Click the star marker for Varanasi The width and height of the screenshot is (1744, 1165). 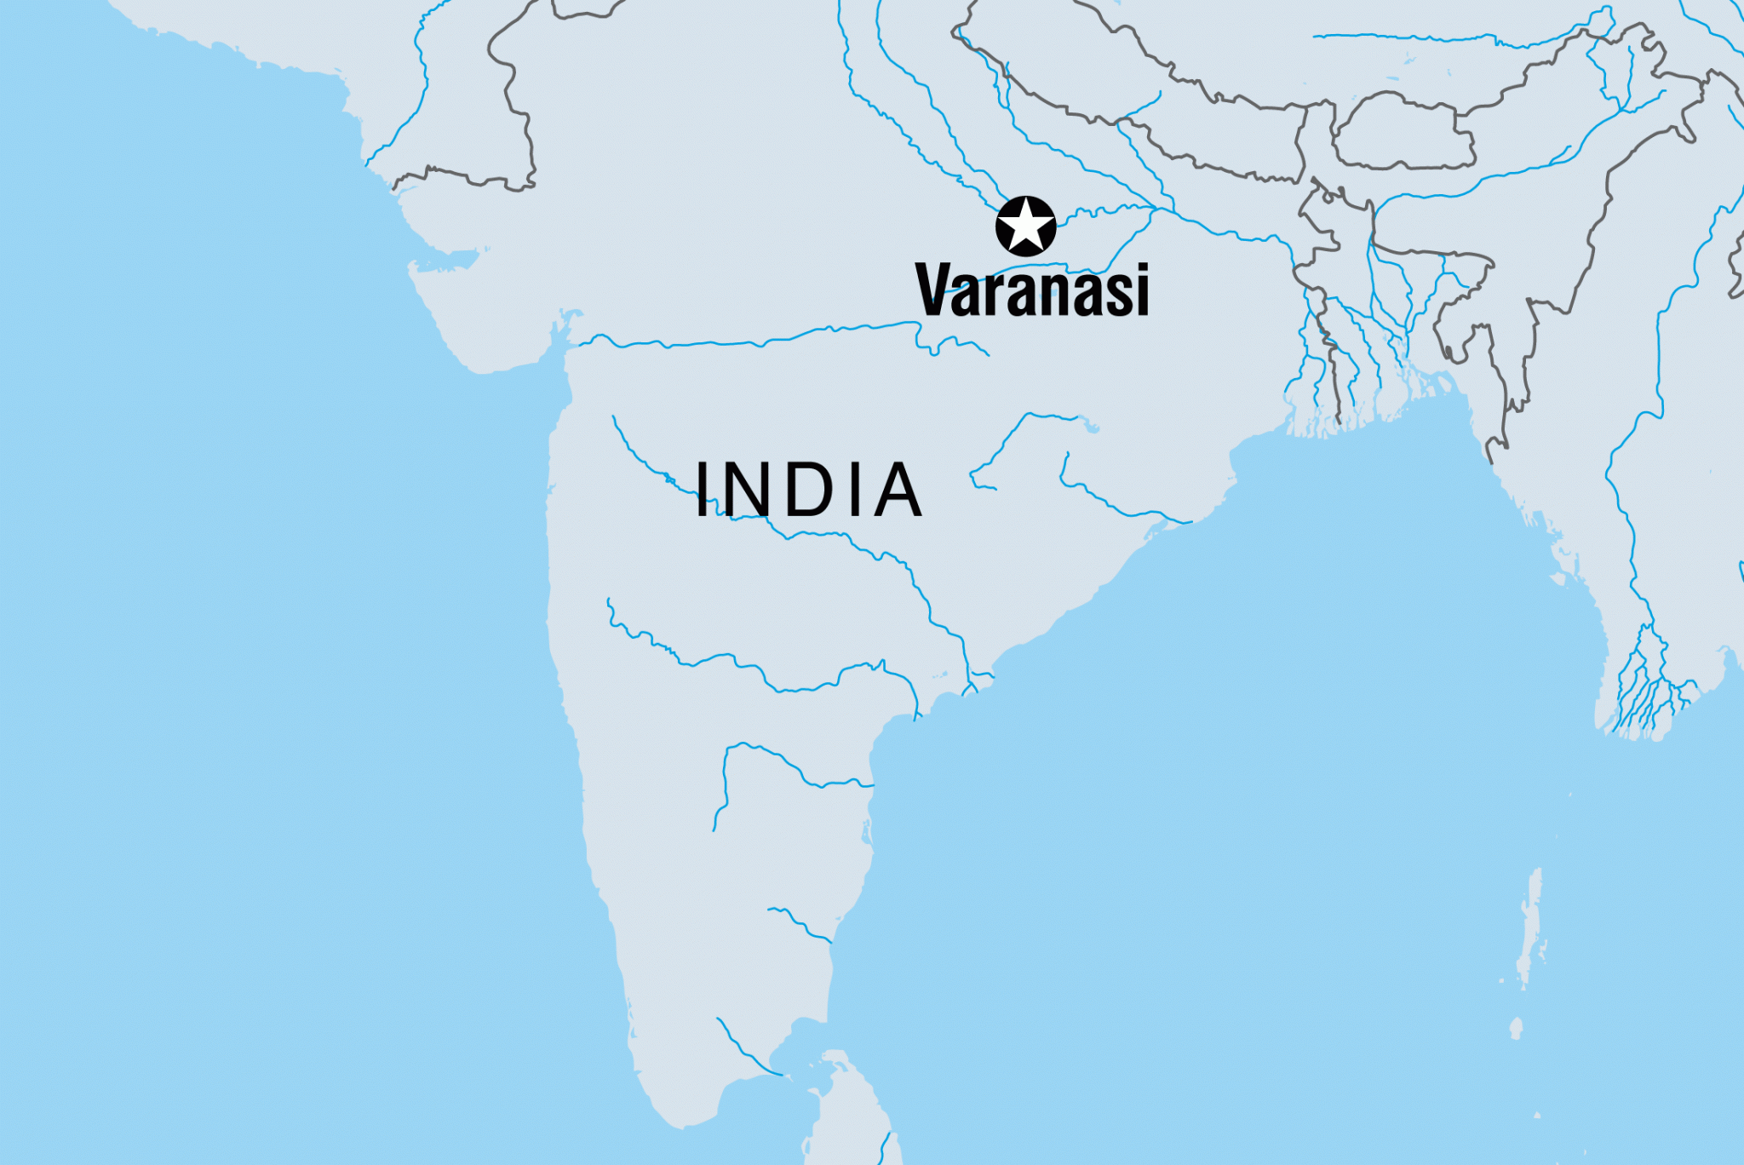click(x=1025, y=227)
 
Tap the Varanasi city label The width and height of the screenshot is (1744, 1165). click(x=1032, y=290)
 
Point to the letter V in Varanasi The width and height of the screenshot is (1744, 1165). click(x=935, y=290)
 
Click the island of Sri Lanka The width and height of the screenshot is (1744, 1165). click(x=843, y=1116)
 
